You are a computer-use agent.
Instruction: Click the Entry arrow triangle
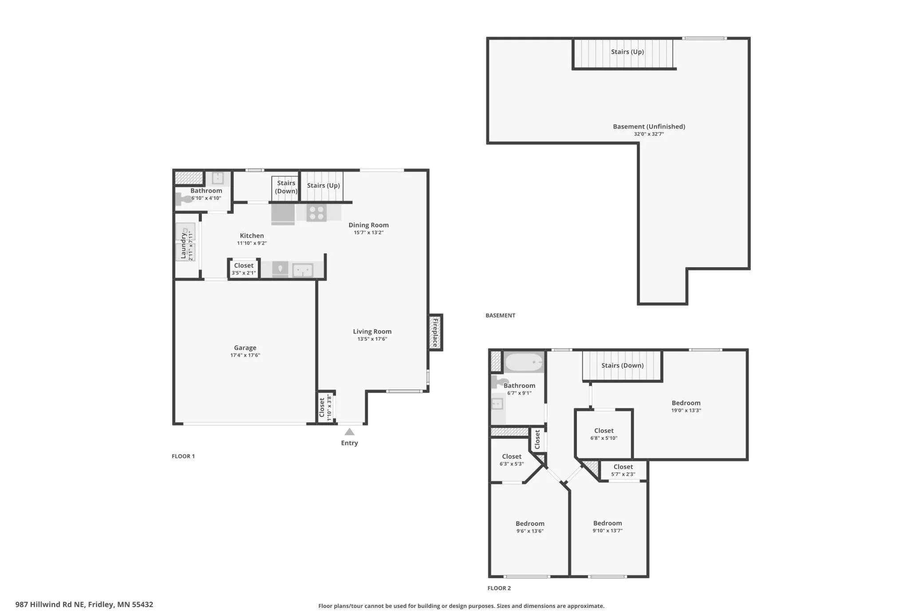350,432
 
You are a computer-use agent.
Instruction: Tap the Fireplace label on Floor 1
435,332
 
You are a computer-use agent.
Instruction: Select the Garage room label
245,348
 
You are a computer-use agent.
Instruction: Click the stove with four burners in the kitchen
316,213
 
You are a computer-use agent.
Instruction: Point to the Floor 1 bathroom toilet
182,198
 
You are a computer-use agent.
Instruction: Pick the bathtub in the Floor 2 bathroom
524,362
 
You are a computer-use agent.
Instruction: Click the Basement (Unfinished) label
649,126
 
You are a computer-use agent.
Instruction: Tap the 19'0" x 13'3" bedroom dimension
686,410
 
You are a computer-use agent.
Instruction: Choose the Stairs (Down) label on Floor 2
622,366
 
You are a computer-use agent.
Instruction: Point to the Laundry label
183,245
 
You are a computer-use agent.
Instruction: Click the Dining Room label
368,225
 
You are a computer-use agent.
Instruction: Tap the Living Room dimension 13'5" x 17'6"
372,339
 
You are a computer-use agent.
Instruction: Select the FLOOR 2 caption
499,588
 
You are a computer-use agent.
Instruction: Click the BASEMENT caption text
500,315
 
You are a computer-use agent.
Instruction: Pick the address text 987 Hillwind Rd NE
50,604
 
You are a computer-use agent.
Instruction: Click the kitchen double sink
303,270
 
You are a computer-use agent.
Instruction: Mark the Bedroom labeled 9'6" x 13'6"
530,524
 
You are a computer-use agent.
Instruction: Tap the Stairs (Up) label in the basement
627,51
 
